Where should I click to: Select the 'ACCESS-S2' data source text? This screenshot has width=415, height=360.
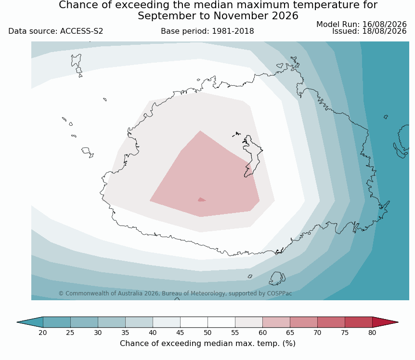(x=81, y=31)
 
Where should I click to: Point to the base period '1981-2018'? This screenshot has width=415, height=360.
(x=233, y=31)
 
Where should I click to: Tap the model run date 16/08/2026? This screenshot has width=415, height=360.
(x=384, y=24)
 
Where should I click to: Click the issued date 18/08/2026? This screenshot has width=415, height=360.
(x=384, y=31)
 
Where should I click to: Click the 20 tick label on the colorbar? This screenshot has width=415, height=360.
(x=43, y=333)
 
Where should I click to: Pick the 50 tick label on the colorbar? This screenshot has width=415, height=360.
(x=207, y=333)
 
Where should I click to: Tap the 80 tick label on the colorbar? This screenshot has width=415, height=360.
(x=372, y=333)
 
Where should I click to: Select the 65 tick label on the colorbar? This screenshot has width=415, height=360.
(x=290, y=333)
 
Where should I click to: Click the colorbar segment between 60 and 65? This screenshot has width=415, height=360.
(x=276, y=322)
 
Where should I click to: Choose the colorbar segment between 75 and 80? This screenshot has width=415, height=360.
(x=359, y=322)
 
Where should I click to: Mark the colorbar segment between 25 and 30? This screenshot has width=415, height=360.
(x=84, y=322)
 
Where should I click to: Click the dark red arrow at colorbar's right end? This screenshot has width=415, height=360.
(x=384, y=322)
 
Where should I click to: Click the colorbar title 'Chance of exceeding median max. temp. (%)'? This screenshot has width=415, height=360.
(x=207, y=344)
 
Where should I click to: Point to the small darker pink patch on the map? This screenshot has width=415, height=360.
(x=201, y=200)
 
